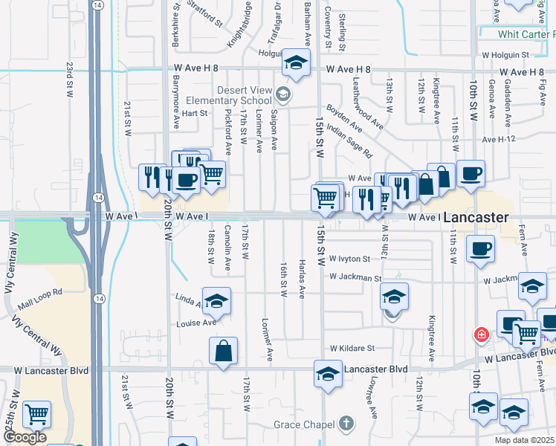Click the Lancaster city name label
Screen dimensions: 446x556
coord(476,218)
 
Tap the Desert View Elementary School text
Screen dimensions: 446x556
coord(245,95)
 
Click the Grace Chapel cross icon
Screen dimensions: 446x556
coord(345,424)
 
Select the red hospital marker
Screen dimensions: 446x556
coord(482,335)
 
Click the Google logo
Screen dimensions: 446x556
coord(24,437)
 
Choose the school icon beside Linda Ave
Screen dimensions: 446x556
coord(216,300)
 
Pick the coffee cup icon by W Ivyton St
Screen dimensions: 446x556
coord(480,248)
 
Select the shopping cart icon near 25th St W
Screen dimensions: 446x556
coord(36,414)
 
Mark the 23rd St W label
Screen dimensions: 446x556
coord(68,77)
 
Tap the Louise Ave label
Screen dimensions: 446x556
coord(196,323)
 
